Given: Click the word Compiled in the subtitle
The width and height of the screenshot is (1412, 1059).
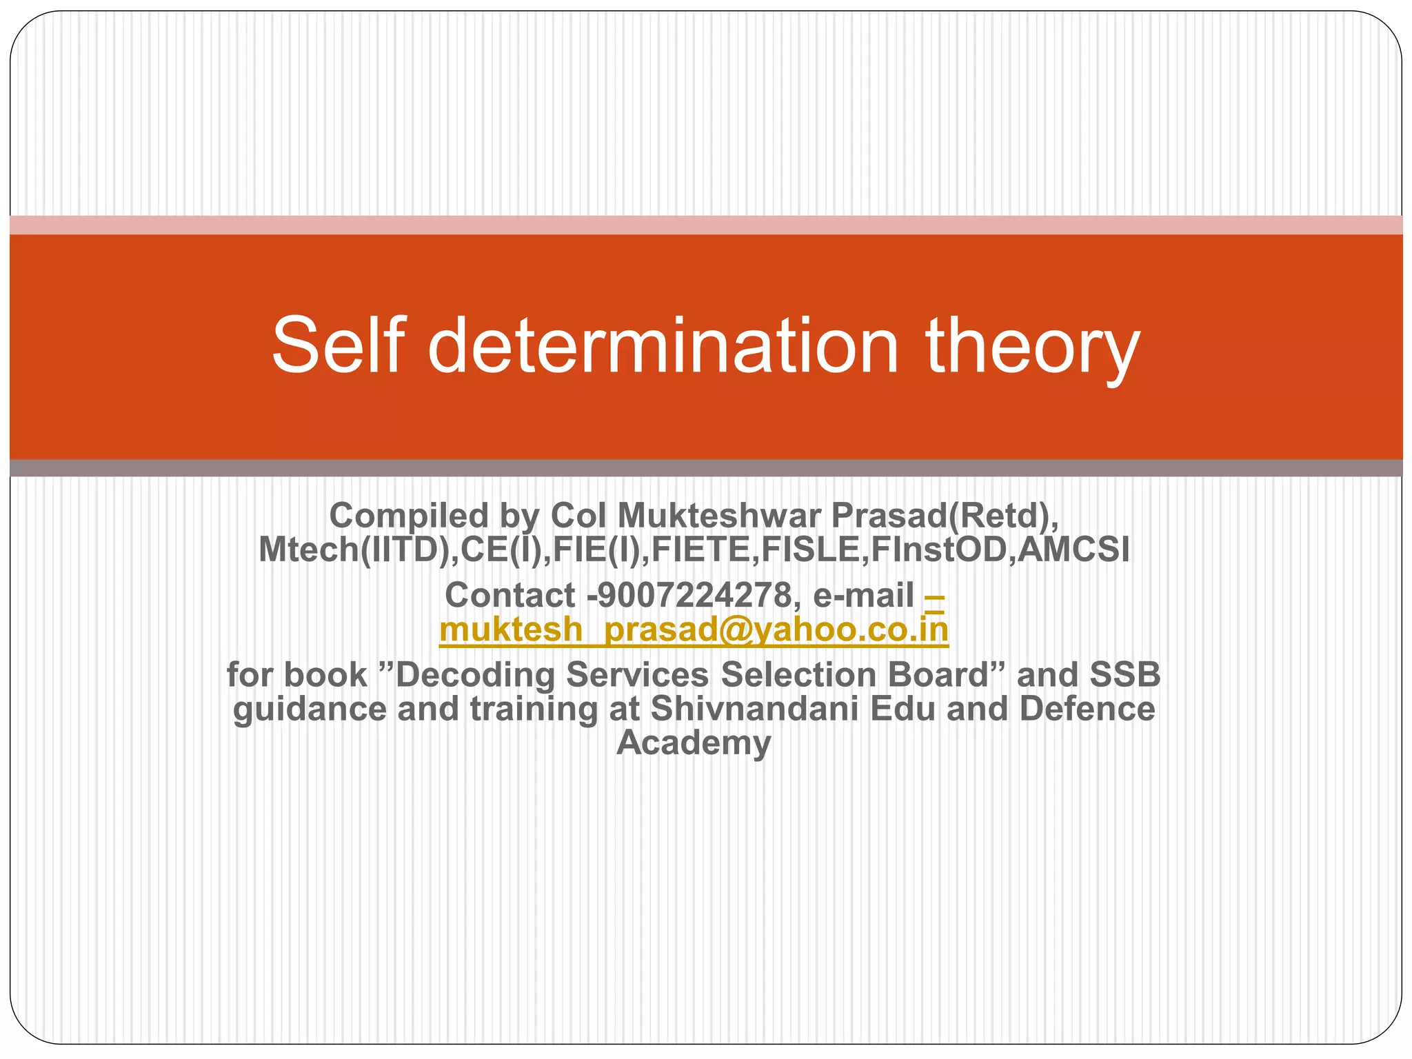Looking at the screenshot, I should [408, 515].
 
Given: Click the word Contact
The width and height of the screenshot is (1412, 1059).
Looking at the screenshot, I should [510, 595].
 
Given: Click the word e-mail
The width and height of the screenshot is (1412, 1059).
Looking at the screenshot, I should [863, 595].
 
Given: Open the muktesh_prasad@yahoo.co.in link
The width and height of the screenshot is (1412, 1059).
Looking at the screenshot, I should [694, 629].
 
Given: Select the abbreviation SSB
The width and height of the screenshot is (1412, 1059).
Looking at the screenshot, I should [1124, 675].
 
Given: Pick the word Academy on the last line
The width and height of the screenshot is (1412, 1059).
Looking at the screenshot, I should [694, 743].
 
